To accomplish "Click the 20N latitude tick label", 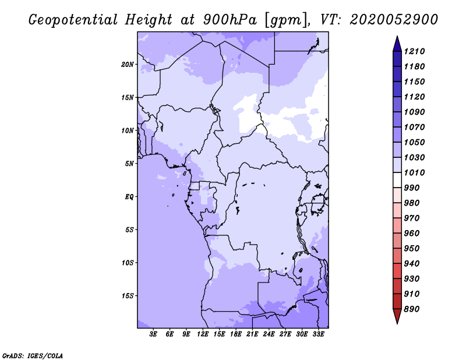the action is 128,65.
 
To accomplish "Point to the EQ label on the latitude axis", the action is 129,197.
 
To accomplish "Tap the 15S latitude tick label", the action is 128,296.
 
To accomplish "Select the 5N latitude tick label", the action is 129,164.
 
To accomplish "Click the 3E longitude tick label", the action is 153,334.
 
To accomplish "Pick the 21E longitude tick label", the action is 252,334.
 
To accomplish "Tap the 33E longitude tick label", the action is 318,334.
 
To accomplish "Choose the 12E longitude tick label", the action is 203,334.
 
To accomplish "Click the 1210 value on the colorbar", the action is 414,51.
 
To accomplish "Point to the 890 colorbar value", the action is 412,309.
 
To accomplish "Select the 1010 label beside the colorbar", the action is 414,172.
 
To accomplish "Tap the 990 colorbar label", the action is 412,188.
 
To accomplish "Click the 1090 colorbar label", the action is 414,112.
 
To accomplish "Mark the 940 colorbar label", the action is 412,264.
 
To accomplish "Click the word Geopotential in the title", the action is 73,20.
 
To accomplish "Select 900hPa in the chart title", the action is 230,20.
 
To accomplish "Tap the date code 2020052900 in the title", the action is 394,20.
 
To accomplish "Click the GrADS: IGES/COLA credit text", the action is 33,356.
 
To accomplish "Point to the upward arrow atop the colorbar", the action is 397,44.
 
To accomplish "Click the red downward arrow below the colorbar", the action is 397,316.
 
